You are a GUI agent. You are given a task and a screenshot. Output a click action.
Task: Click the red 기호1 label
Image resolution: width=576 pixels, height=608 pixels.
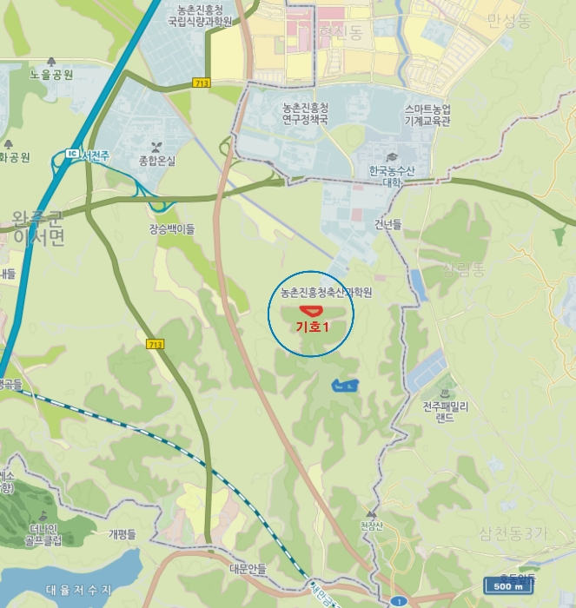313,327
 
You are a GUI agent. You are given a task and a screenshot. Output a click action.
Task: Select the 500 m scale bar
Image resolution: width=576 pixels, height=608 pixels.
509,585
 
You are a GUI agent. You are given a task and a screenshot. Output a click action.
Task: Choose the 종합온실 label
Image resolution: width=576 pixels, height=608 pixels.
156,161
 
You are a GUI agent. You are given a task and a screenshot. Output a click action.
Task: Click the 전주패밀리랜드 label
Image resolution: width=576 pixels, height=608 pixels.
446,411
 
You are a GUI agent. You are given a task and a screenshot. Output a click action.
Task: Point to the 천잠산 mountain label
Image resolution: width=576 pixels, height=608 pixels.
371,525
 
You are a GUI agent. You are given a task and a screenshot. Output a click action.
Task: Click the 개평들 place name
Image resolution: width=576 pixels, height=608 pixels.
122,534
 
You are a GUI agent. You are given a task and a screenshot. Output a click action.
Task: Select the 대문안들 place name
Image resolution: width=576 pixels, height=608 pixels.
248,569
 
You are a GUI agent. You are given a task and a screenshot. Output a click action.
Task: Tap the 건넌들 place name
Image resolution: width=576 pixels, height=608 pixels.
388,224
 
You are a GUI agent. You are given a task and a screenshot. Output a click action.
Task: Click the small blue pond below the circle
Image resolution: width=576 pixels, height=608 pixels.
345,384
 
